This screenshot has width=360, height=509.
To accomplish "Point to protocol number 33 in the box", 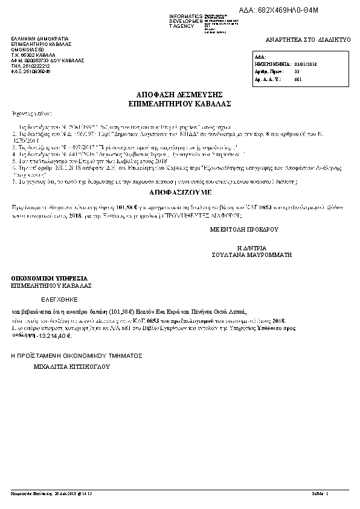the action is [297, 71].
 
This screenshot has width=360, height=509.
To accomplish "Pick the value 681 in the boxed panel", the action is [297, 79].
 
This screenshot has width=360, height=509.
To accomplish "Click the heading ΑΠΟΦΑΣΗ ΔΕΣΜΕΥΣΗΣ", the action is [180, 95].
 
